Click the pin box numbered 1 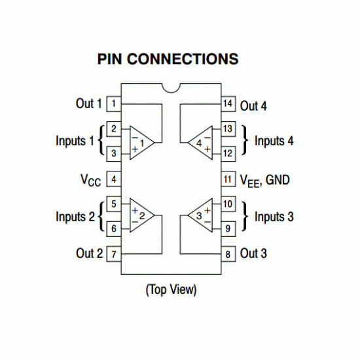click(114, 103)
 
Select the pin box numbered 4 click(114, 179)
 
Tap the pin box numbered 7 click(114, 254)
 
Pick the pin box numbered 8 click(228, 254)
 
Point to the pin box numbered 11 click(228, 179)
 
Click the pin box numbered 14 click(228, 103)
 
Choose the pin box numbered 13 click(228, 128)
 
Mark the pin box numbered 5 click(114, 204)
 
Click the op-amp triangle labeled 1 click(141, 141)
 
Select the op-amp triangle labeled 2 click(141, 215)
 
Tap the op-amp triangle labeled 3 click(200, 215)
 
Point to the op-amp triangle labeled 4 click(200, 141)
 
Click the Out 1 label click(89, 103)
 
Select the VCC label click(90, 179)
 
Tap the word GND click(278, 179)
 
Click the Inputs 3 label click(274, 217)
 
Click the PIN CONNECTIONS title click(168, 60)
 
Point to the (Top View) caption click(171, 289)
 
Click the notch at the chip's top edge click(171, 87)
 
